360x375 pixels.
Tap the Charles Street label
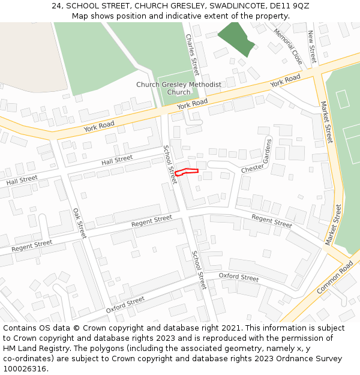click(x=192, y=50)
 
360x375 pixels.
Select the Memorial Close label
click(x=288, y=46)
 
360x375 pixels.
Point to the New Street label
click(x=312, y=47)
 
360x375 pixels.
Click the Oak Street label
click(x=80, y=223)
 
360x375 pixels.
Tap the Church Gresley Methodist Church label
click(x=178, y=88)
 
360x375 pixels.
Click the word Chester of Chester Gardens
click(x=253, y=169)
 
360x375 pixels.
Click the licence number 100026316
click(x=25, y=369)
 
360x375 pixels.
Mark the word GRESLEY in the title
click(x=161, y=6)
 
